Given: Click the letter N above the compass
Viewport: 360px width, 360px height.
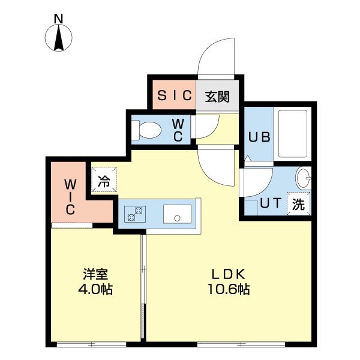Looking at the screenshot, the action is [58, 19].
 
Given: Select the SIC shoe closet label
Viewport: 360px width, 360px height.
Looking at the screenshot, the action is [175, 95].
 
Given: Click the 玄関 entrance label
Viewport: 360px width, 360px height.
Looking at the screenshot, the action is [217, 97].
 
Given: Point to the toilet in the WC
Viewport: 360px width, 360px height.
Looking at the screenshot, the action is [146, 130].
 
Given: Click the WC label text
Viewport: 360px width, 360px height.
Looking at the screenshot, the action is [178, 130].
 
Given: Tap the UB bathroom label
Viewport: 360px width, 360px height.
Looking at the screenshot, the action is [259, 137].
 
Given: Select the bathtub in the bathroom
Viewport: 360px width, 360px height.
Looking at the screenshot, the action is [293, 134].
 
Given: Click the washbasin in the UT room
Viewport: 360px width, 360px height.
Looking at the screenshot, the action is [303, 178].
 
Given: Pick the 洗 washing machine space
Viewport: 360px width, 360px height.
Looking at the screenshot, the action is [298, 203].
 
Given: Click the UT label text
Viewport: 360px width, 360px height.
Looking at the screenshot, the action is [271, 203].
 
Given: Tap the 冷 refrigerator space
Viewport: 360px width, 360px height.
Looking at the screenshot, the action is [104, 179].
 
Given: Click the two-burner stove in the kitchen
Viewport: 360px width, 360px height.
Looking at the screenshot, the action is [135, 214].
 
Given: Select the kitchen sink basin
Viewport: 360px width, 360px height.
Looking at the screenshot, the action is [177, 214].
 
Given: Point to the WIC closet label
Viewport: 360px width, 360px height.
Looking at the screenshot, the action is [70, 197].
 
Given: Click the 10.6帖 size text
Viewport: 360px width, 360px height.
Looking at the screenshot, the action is [229, 289].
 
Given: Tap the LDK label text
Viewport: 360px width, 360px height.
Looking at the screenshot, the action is [229, 274].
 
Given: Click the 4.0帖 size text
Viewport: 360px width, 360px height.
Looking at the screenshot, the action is [95, 289].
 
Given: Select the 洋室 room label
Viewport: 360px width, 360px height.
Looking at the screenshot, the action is [95, 274].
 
